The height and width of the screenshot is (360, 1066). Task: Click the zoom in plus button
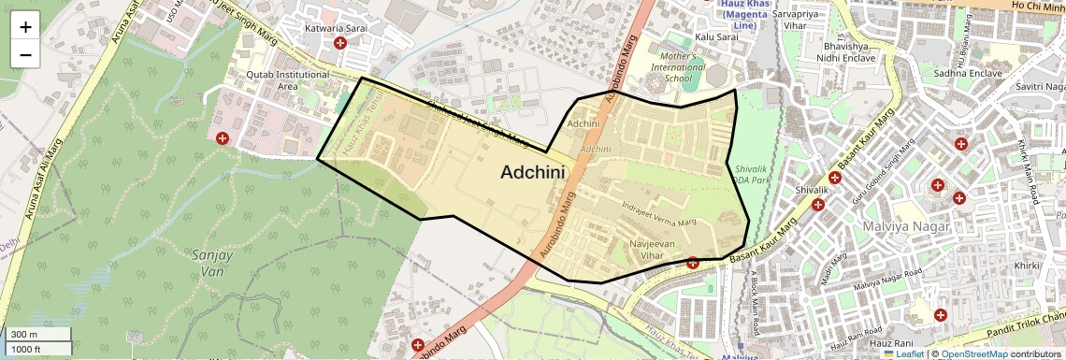pos(25,27)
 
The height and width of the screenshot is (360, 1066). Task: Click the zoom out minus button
pos(25,54)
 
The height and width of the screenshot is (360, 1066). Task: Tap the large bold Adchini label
pos(534,172)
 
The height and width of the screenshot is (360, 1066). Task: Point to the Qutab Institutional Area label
pos(288,80)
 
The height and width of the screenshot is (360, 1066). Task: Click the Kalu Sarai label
pos(711,36)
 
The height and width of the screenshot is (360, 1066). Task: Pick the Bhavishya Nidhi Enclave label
pos(850,51)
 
